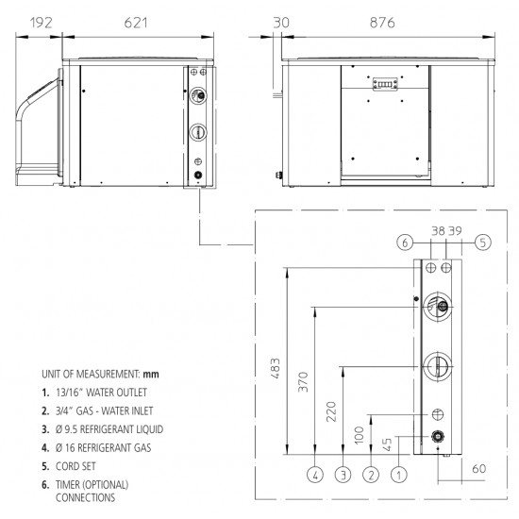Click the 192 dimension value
click(x=41, y=23)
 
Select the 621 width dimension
click(x=136, y=23)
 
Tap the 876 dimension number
click(x=382, y=23)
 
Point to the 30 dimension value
click(x=281, y=23)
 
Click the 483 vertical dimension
click(x=275, y=368)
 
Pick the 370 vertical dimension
click(x=303, y=382)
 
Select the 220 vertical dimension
click(x=331, y=411)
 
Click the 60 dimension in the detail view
click(x=479, y=469)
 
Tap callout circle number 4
click(x=315, y=476)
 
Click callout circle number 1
click(x=399, y=476)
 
